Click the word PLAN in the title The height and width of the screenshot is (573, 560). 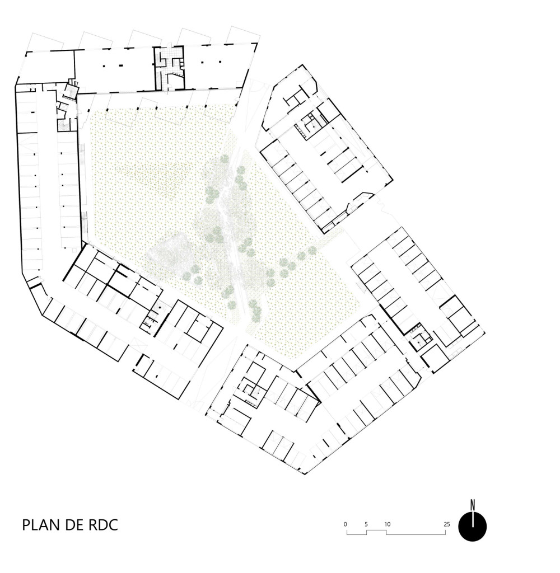41,525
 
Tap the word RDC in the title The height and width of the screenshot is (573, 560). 103,525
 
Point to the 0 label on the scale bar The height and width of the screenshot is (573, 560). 346,524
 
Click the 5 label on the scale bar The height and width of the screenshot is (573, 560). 366,524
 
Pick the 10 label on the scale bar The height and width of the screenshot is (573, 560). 387,524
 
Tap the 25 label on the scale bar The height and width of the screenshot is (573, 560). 447,524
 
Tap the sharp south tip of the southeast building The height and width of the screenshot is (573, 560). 305,475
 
